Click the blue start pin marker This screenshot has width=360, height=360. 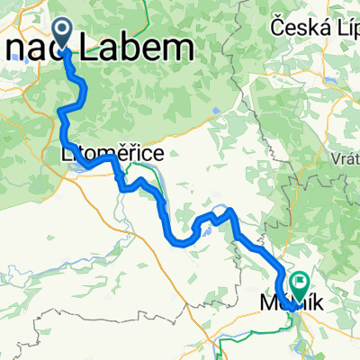(x=65, y=33)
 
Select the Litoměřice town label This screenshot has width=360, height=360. (x=112, y=155)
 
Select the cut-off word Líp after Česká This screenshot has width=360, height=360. (x=345, y=28)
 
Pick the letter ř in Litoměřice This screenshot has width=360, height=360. (x=139, y=155)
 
